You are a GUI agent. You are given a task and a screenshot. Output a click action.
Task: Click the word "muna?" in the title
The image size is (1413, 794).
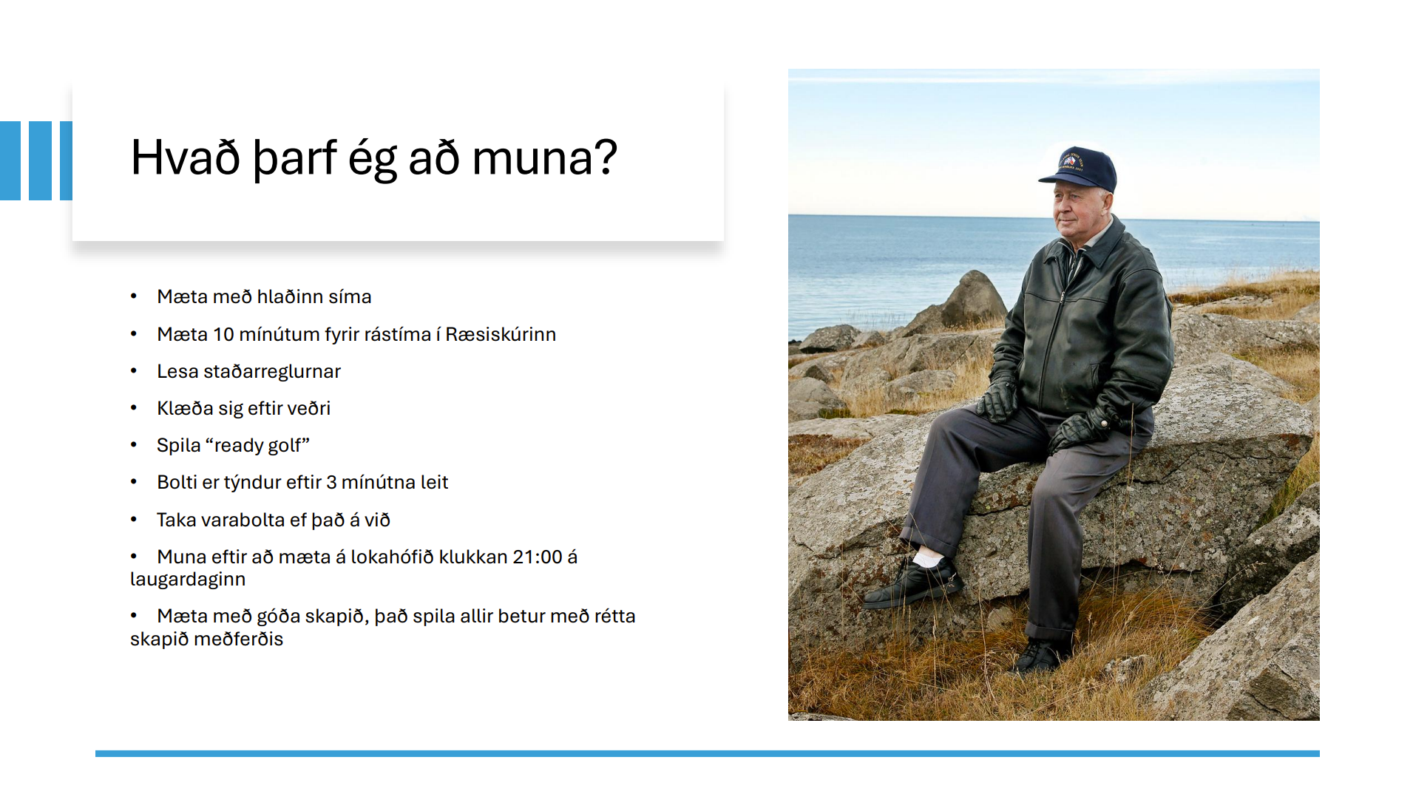pos(544,157)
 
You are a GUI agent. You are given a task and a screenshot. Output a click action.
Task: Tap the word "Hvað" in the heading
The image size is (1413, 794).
pos(186,157)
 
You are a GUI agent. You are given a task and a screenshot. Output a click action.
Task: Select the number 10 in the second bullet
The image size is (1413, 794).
pos(223,334)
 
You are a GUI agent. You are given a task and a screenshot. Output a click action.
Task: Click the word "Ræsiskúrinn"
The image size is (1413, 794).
pos(501,334)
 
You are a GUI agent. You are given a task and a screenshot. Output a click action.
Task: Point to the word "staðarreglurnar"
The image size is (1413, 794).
pos(272,371)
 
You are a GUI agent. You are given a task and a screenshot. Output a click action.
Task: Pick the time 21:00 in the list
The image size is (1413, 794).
pos(538,557)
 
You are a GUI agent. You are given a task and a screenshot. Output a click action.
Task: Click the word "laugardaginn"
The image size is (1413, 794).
pos(188,580)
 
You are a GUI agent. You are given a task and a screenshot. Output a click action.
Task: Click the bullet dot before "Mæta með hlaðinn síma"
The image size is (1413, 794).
pos(134,296)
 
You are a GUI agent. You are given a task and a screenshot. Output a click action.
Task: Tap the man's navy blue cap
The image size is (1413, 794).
pos(1080,169)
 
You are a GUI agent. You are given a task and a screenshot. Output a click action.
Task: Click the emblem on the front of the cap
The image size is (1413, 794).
pos(1069,160)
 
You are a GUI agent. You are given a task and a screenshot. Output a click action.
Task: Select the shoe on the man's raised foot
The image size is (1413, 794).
pos(913,583)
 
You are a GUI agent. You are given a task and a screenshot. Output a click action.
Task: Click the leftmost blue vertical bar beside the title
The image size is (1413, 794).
pos(10,160)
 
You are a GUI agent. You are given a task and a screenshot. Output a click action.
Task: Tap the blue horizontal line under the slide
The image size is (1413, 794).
pos(708,753)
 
